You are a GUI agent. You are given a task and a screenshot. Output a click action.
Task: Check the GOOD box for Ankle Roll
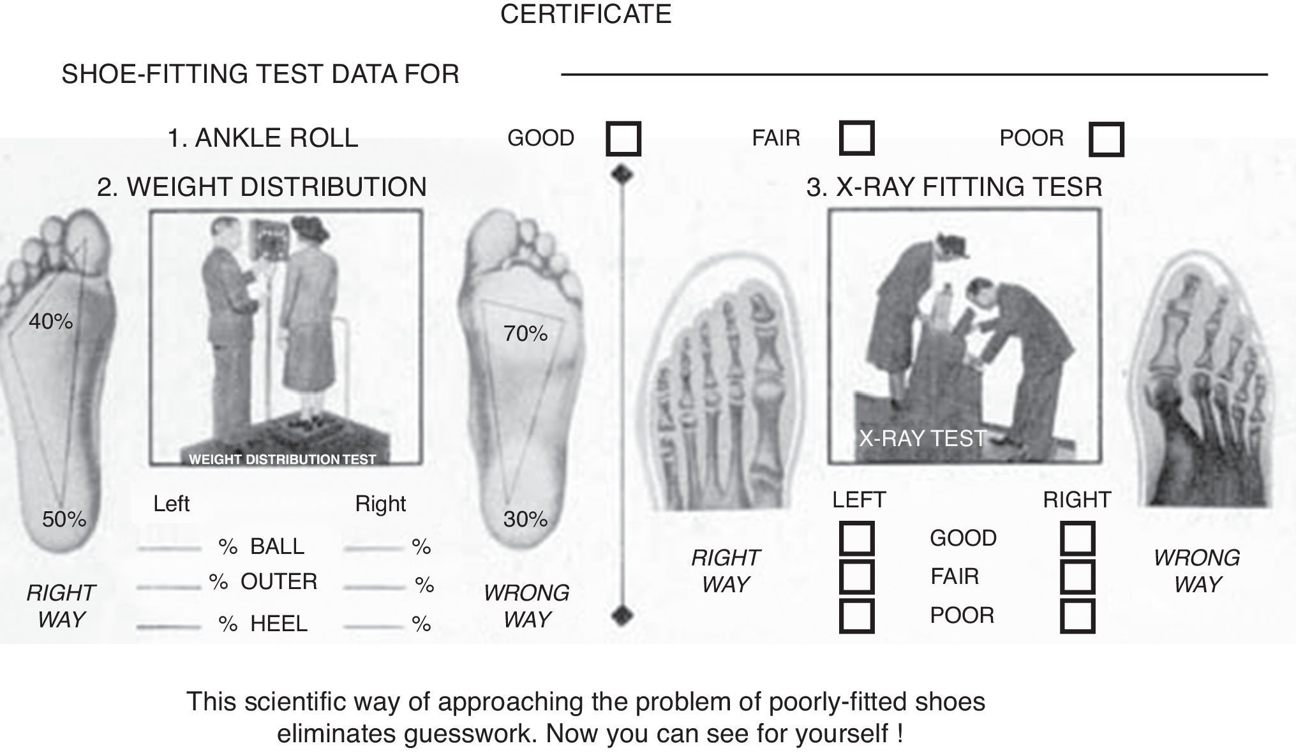623,138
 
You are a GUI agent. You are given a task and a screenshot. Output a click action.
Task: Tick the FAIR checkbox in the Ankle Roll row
856,138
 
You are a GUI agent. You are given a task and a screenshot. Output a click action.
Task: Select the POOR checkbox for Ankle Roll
1106,139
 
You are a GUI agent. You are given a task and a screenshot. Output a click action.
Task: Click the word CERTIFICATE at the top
585,14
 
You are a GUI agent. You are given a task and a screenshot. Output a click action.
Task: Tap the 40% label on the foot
50,322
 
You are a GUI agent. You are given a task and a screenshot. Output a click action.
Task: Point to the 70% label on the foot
525,334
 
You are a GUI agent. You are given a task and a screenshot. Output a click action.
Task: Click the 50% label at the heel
64,520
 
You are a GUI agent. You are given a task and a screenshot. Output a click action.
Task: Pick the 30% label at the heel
525,520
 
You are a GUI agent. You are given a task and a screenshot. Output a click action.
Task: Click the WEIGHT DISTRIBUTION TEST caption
282,460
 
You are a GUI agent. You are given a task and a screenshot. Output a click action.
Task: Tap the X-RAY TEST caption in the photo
922,438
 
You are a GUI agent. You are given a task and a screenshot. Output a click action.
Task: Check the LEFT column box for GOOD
856,538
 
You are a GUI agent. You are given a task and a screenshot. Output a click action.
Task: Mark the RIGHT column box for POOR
1077,616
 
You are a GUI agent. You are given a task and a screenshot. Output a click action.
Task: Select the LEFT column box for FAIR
856,577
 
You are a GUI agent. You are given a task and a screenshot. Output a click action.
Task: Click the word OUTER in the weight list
279,582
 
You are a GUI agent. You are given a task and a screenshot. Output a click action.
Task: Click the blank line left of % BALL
169,548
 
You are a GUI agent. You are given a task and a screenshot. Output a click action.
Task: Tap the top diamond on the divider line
622,174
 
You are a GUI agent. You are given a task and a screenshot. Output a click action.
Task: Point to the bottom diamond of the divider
622,616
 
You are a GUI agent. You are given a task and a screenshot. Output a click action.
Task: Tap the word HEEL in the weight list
279,624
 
